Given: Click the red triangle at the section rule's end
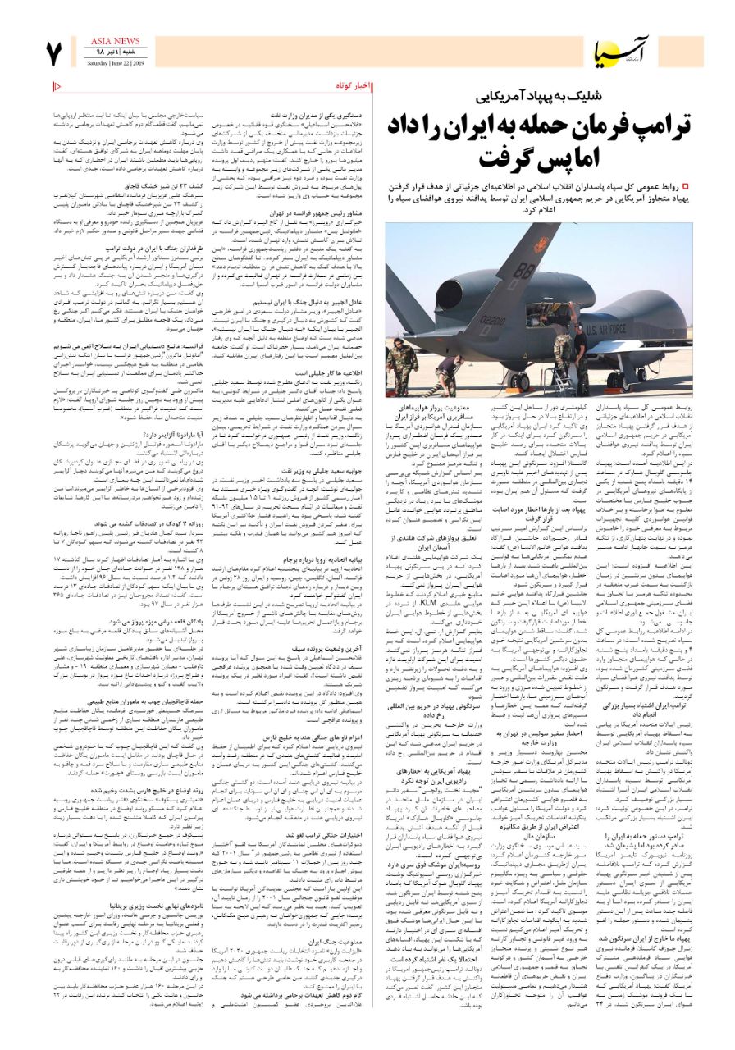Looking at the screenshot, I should (x=57, y=85).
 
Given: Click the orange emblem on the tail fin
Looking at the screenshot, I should (x=541, y=244).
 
